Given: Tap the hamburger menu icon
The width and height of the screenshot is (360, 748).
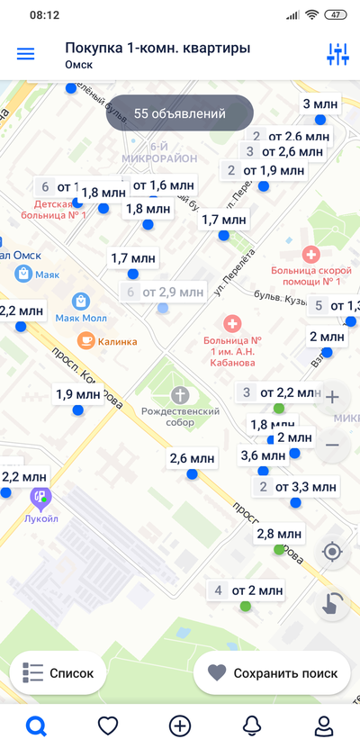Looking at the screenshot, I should [x=26, y=54].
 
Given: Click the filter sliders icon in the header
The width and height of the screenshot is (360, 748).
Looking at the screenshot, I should [x=337, y=54].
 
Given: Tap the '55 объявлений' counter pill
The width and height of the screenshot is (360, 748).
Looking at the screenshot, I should [x=179, y=114].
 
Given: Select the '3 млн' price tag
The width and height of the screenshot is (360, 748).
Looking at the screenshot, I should [x=319, y=104].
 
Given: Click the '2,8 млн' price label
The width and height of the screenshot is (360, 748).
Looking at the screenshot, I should [x=277, y=533].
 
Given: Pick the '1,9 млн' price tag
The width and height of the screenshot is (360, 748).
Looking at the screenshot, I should [x=77, y=393].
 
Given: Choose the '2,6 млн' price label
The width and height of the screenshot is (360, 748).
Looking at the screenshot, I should [x=191, y=459].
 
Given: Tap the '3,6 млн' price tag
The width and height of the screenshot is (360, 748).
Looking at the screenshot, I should [x=262, y=455].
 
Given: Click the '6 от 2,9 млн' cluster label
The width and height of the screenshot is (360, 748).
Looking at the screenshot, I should [x=163, y=292].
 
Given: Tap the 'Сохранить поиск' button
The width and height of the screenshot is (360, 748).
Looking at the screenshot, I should [x=272, y=673].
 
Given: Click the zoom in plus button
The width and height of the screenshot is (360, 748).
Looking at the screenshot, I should [x=332, y=397].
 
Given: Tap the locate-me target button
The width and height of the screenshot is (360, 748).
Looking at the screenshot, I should [x=332, y=552].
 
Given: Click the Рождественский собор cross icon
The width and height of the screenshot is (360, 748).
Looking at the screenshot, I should [x=181, y=394].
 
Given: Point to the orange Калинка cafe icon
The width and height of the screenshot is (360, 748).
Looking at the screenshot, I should [x=85, y=340].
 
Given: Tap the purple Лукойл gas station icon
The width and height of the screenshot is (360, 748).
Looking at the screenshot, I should [x=40, y=494].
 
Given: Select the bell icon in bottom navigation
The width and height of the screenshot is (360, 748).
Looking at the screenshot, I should [x=252, y=725].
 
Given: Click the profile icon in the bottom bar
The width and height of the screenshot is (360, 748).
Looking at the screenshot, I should [x=323, y=725].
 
